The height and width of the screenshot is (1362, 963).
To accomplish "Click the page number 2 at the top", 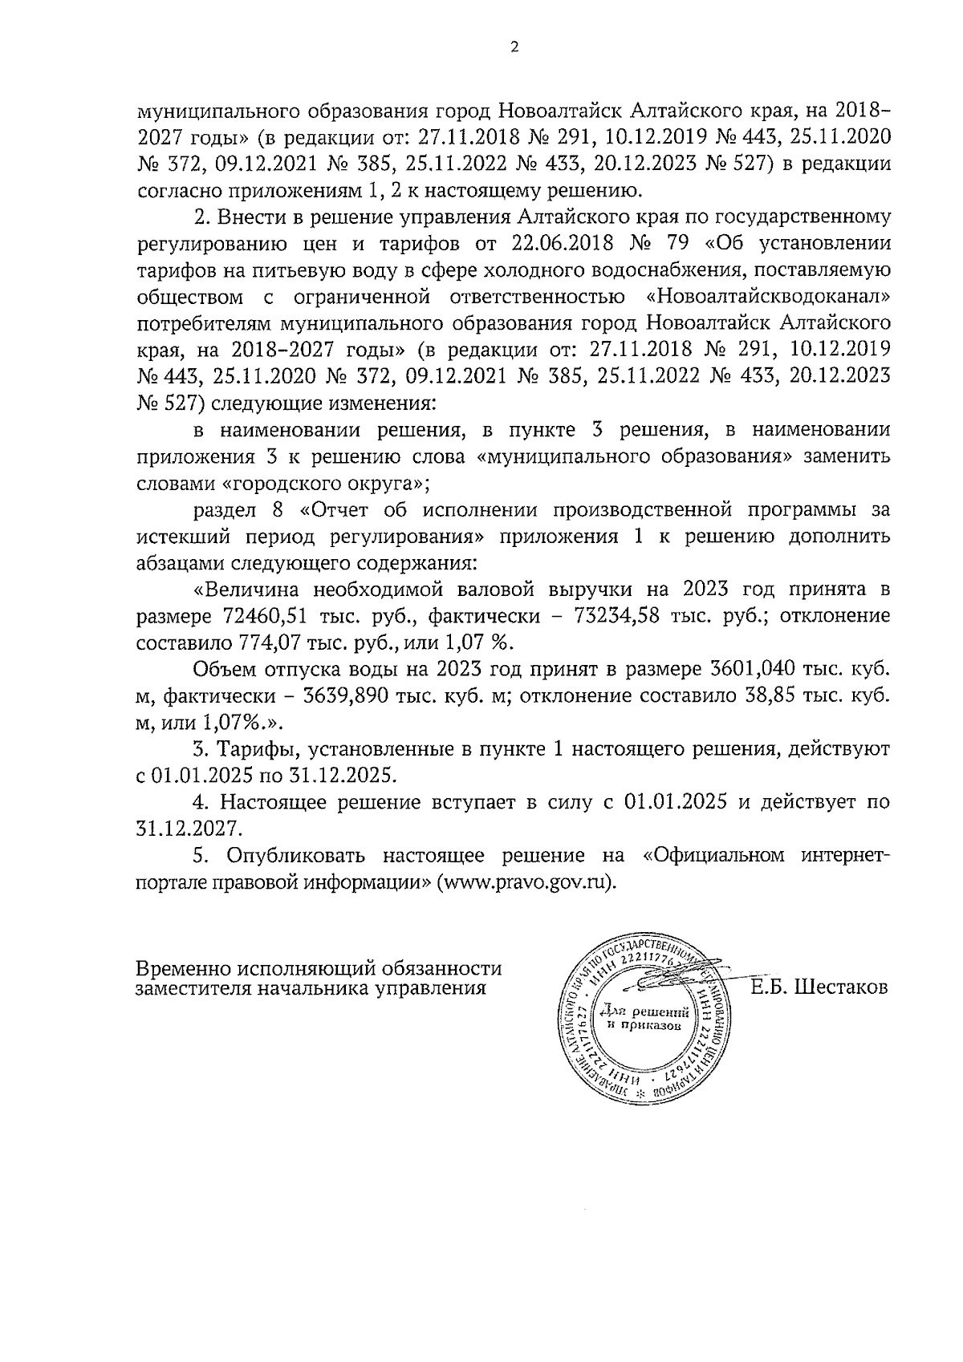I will click(x=515, y=47).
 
